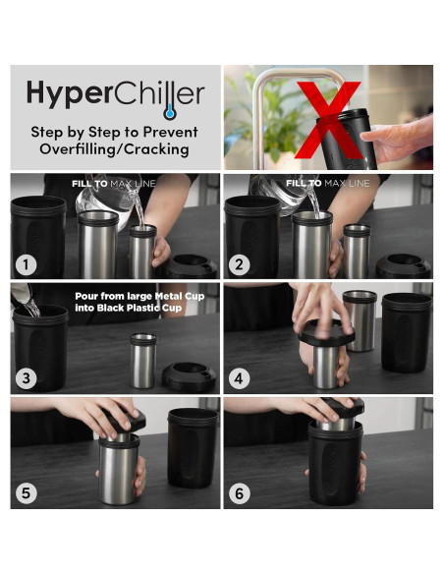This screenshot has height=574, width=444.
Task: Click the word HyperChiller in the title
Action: [x=115, y=93]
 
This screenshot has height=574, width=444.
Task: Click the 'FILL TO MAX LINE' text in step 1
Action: [x=114, y=184]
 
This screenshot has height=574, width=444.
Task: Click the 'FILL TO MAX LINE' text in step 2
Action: [x=327, y=184]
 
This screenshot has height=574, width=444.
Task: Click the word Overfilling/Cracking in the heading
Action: [x=116, y=149]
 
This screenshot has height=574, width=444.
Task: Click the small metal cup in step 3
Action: [x=143, y=359]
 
